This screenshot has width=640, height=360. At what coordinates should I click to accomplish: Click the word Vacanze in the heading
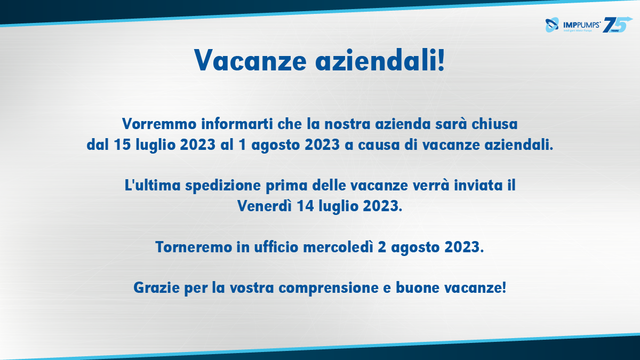click(x=251, y=60)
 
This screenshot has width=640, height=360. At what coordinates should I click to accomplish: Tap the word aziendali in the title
click(x=380, y=60)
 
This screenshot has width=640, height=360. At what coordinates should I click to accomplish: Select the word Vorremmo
click(x=159, y=124)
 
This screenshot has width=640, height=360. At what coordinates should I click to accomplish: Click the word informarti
click(x=237, y=124)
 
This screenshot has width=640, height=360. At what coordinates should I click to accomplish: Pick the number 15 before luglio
click(x=123, y=145)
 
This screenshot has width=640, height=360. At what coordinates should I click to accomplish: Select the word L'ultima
click(x=153, y=186)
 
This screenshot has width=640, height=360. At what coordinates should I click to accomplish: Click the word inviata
click(x=478, y=186)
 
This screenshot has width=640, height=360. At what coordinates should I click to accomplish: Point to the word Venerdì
click(x=265, y=206)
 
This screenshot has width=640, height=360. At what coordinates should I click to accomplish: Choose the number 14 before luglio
click(x=306, y=206)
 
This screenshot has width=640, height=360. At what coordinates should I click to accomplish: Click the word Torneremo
click(x=194, y=247)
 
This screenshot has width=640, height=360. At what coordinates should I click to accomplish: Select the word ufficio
click(x=276, y=247)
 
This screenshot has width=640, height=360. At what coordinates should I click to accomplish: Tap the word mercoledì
click(x=338, y=247)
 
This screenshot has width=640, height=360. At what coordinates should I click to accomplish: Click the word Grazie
click(x=157, y=287)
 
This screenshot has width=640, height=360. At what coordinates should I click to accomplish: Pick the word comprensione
click(x=329, y=288)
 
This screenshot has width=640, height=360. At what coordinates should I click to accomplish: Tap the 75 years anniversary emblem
click(x=617, y=25)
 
